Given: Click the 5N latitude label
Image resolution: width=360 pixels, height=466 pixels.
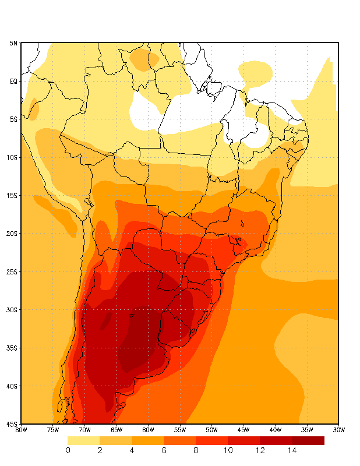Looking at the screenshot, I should [x=13, y=43].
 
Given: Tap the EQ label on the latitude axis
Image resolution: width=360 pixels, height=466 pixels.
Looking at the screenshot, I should [x=13, y=82].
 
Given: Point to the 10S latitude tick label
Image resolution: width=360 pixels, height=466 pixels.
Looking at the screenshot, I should [x=12, y=157].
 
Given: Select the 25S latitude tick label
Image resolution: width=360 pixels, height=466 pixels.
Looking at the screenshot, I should [x=12, y=271].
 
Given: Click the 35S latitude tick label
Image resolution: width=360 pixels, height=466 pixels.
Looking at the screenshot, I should [x=12, y=348].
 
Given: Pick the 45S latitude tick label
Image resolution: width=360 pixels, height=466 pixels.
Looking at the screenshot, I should [x=12, y=424].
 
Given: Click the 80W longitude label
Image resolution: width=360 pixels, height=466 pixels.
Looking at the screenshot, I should [x=21, y=430].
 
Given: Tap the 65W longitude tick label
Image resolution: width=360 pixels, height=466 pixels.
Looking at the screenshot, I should [x=117, y=430].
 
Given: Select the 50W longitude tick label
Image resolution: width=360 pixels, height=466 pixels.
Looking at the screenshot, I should [x=211, y=430].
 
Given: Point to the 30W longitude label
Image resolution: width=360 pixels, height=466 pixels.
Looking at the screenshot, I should [x=338, y=430].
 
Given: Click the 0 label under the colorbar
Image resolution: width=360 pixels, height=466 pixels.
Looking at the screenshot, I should [x=68, y=450].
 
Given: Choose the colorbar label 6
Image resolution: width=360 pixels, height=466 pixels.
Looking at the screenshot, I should [x=164, y=450].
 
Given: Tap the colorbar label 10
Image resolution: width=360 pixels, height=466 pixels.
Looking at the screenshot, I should [x=228, y=450].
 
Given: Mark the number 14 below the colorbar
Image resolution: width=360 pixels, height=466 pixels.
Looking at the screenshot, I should [x=292, y=450].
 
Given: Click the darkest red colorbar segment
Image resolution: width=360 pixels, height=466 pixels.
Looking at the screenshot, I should [x=308, y=440].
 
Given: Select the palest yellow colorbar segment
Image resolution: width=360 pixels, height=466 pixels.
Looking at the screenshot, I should [x=84, y=440].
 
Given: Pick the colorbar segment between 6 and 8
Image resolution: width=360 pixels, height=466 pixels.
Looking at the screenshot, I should [x=180, y=440].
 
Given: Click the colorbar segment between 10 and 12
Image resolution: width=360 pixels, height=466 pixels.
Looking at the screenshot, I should [x=244, y=440].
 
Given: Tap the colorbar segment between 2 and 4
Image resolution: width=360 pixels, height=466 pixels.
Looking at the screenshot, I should [x=116, y=440].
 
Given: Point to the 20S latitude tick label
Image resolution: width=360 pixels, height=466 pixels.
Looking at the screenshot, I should [x=12, y=234].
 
